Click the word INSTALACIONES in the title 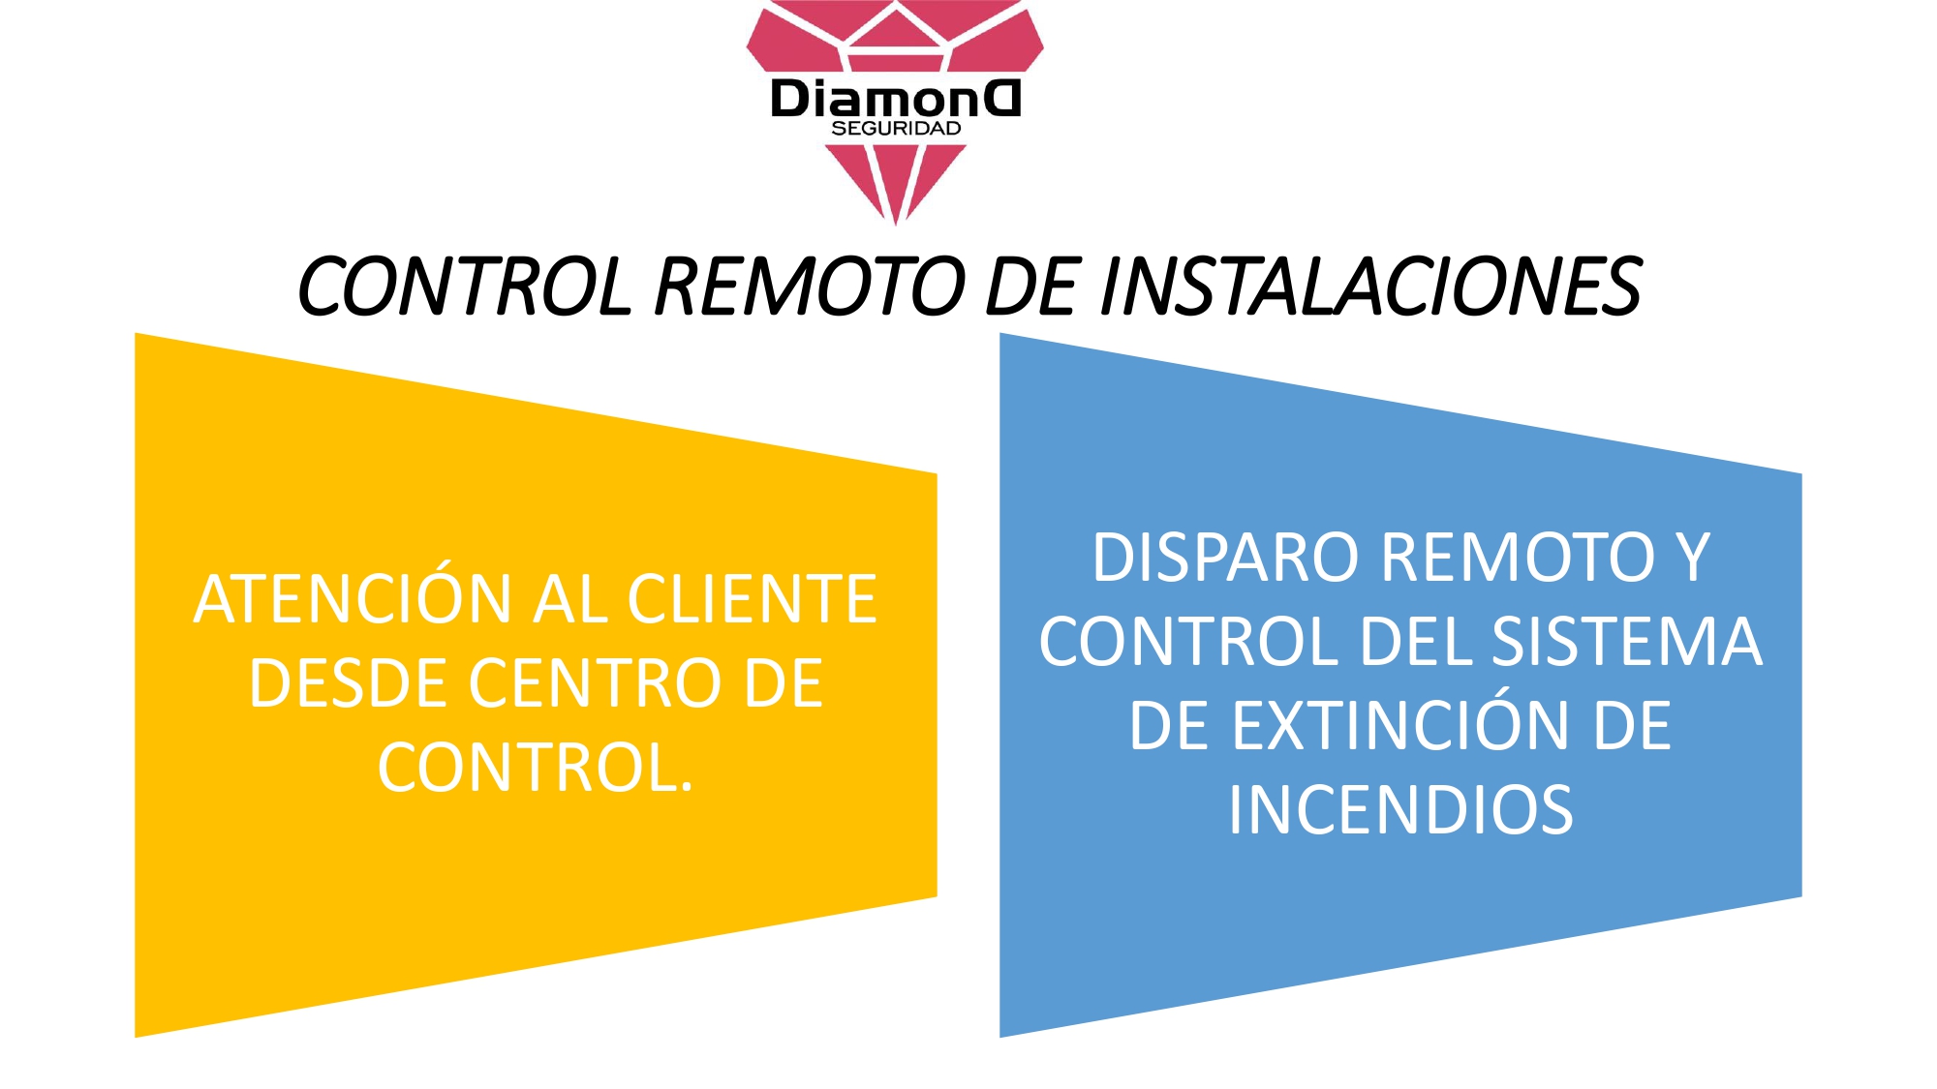click(x=1370, y=287)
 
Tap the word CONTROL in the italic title click(x=465, y=287)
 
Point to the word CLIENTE click(x=753, y=599)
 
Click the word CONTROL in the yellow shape click(x=536, y=769)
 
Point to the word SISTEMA click(x=1627, y=642)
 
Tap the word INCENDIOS click(x=1400, y=810)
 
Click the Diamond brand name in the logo click(x=896, y=99)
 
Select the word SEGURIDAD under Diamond click(x=896, y=129)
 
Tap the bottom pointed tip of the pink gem click(x=896, y=226)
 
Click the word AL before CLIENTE click(x=570, y=599)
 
